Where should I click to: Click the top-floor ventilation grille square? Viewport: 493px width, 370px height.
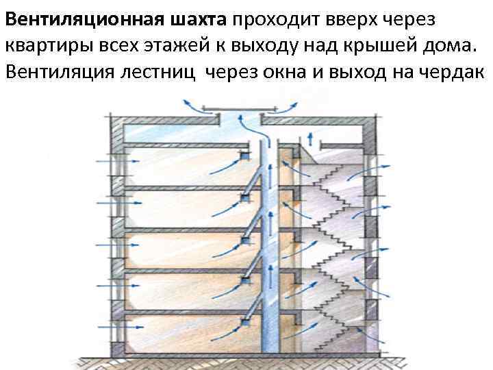[x=243, y=158]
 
